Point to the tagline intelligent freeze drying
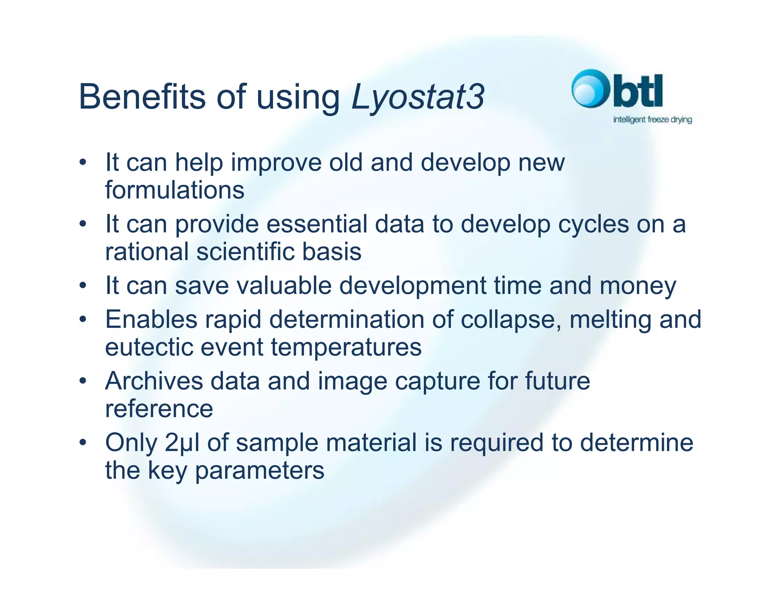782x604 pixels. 652,120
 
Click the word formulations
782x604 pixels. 174,190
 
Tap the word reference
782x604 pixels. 159,409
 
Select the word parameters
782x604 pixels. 259,471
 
